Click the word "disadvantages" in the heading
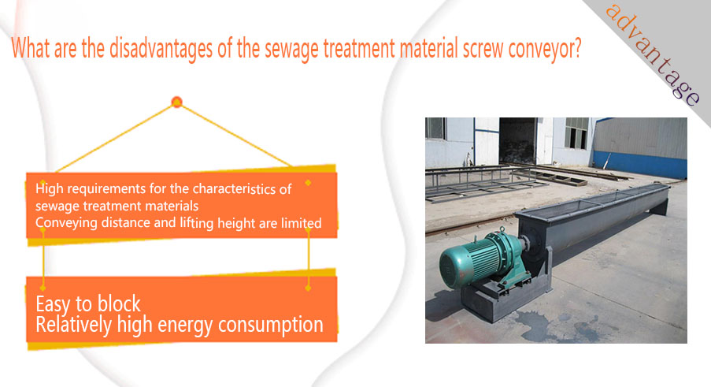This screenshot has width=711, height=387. coord(161,49)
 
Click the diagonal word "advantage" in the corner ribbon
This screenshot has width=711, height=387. coord(654,54)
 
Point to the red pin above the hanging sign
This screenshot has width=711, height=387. coord(177,102)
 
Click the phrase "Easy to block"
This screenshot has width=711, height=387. coord(88,304)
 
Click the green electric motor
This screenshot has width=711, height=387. coord(480,259)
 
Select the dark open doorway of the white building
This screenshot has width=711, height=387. coord(517,141)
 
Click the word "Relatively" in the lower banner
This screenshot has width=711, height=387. coord(73,326)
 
